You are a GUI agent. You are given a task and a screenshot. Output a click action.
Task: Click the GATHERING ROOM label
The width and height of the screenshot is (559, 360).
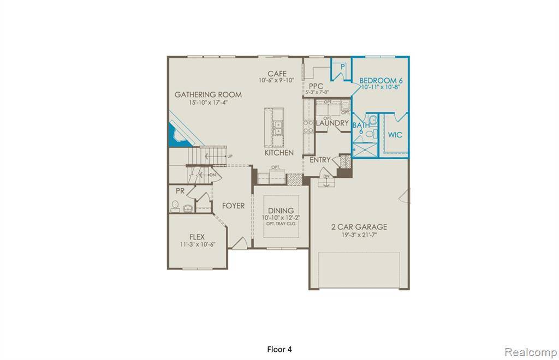[208, 94]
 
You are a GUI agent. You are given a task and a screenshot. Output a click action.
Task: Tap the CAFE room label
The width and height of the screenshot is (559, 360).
[277, 74]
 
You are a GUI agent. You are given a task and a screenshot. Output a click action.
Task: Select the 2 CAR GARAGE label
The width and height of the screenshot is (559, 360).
[359, 227]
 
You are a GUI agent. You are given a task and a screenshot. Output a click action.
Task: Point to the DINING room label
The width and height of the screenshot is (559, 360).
[281, 211]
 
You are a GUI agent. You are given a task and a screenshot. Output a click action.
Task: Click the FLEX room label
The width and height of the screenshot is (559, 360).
[197, 237]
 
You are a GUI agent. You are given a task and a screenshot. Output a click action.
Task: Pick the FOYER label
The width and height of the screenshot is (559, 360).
[233, 206]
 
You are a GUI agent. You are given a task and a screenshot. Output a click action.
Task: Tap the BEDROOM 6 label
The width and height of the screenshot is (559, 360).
[380, 81]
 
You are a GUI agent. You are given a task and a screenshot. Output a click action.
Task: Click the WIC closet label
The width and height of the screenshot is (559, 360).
[395, 135]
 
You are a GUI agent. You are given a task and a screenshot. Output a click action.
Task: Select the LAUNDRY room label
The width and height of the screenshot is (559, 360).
[332, 124]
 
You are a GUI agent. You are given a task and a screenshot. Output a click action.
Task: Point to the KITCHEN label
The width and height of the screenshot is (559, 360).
[279, 153]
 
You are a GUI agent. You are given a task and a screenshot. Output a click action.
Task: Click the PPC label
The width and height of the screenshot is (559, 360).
[316, 86]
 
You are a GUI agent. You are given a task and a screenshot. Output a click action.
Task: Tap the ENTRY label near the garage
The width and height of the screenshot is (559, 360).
[320, 160]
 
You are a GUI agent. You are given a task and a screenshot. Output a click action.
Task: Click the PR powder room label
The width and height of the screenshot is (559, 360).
[180, 191]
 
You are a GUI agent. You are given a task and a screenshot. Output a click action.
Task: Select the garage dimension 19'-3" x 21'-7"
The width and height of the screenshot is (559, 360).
[359, 235]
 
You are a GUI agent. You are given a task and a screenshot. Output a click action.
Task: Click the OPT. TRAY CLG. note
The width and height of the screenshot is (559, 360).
[281, 224]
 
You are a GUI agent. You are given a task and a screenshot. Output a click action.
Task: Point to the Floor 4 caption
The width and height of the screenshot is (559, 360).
[279, 349]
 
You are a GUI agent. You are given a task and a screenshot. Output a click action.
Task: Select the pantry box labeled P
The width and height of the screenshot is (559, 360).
[342, 67]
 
